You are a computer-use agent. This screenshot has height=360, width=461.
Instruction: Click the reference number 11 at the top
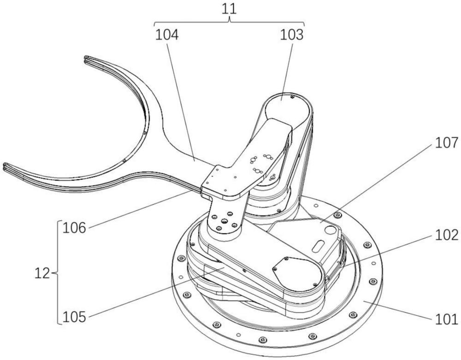pyautogui.click(x=229, y=9)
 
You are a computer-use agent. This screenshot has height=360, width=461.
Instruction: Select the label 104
pyautogui.click(x=167, y=35)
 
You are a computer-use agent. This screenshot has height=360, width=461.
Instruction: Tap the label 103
pyautogui.click(x=291, y=35)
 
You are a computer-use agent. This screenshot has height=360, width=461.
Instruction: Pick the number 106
pyautogui.click(x=75, y=228)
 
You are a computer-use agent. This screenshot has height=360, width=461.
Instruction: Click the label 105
pyautogui.click(x=75, y=318)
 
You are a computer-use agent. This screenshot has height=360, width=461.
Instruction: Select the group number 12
pyautogui.click(x=42, y=274)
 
